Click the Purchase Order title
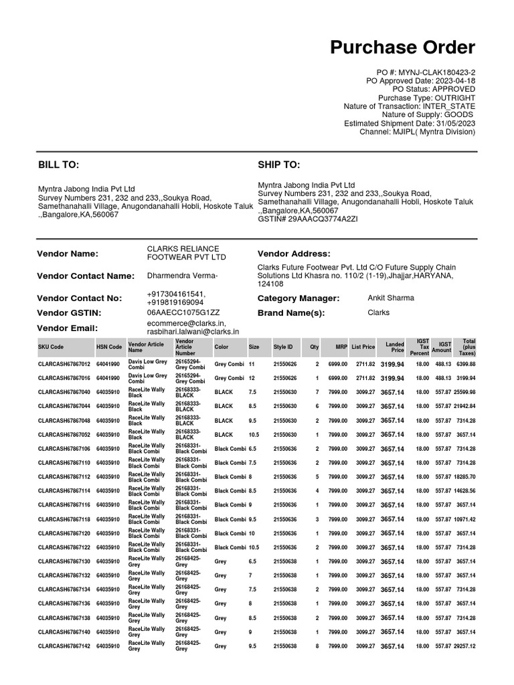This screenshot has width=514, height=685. click(x=403, y=47)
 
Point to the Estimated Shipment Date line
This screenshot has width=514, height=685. click(x=410, y=123)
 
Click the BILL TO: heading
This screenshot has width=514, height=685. click(x=58, y=165)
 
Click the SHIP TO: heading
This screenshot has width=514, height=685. click(x=278, y=165)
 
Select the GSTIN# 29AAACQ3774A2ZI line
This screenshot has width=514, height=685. click(x=308, y=219)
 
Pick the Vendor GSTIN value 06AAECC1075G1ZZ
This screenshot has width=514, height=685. click(x=183, y=312)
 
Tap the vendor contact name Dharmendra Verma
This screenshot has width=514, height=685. click(x=182, y=276)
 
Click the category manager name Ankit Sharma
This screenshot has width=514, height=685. click(x=391, y=298)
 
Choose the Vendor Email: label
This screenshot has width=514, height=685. click(x=68, y=328)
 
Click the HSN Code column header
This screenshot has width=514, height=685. click(x=109, y=347)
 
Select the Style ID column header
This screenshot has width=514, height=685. click(x=282, y=347)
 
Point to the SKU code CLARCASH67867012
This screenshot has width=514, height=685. click(x=64, y=364)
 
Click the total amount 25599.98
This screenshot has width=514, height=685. click(x=464, y=392)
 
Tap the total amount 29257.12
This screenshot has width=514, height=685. click(x=464, y=646)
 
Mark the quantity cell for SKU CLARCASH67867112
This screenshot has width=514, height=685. click(x=317, y=477)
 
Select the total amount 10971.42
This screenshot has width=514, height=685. click(x=464, y=519)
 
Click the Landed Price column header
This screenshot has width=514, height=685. click(x=395, y=347)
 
